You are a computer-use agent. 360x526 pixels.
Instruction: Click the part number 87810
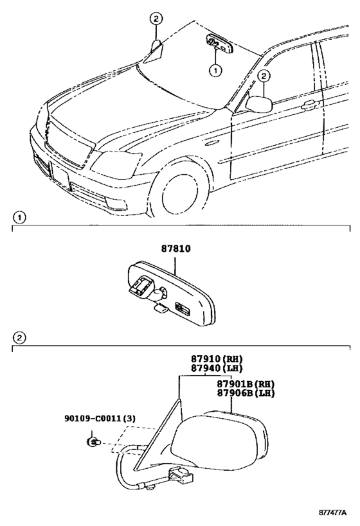(x=175, y=249)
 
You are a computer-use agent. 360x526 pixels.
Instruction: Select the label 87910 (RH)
(x=217, y=358)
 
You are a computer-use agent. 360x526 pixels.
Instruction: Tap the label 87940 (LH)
(x=217, y=368)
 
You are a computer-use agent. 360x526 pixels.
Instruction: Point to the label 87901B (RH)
(x=246, y=384)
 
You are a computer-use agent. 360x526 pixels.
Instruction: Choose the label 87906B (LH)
(x=246, y=393)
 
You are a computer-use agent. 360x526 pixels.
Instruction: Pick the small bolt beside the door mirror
(x=92, y=443)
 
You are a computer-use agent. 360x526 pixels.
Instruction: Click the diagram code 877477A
(x=332, y=513)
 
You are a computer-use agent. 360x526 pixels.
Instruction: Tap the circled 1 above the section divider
(x=19, y=218)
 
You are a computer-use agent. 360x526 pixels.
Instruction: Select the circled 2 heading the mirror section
(x=19, y=337)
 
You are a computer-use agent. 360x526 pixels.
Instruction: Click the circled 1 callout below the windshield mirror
(x=215, y=70)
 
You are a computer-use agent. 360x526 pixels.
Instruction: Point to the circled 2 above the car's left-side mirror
(x=156, y=19)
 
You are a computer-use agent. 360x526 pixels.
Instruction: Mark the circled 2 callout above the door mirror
(x=264, y=76)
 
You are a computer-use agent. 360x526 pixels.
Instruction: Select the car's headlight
(x=116, y=165)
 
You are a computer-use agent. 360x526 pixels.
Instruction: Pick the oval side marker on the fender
(x=212, y=144)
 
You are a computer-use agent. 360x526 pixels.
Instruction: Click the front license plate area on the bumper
(x=60, y=175)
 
